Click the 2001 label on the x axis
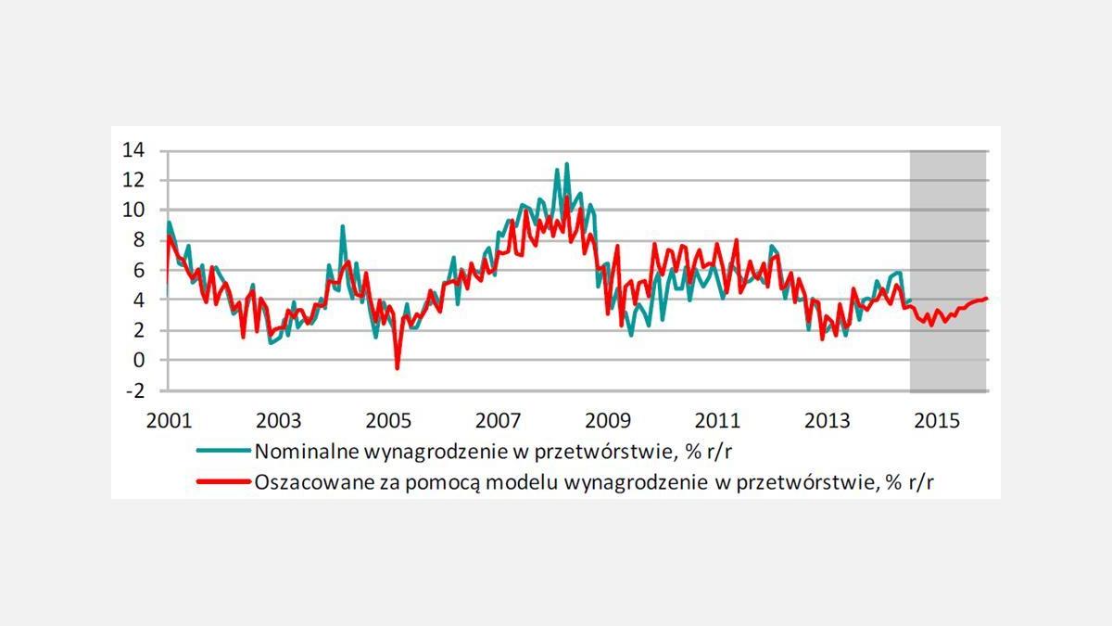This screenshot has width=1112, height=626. coord(168,420)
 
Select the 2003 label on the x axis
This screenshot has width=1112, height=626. coord(278,420)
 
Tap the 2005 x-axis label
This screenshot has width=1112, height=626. coord(388,420)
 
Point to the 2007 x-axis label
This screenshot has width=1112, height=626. coord(499,420)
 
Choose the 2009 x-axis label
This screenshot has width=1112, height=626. coord(608,420)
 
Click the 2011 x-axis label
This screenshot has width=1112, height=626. coord(718,420)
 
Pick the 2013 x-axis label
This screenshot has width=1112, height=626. coord(828,420)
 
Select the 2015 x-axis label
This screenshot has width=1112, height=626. coord(937,420)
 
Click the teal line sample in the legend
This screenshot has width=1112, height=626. coord(223,452)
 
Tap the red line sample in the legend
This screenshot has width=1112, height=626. coord(223,481)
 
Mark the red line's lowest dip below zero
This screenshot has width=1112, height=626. coord(398,368)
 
